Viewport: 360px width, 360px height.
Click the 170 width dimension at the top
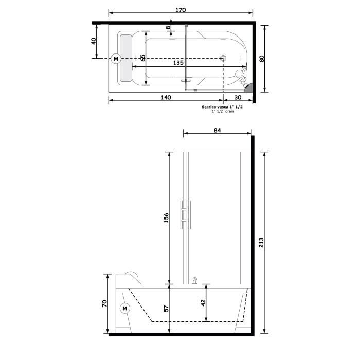click(x=180, y=10)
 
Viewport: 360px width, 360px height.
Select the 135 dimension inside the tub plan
click(x=177, y=63)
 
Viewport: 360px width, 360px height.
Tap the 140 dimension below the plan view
click(x=165, y=97)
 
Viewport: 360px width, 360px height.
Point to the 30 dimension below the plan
click(x=238, y=97)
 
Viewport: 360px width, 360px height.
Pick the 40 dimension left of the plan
click(x=94, y=41)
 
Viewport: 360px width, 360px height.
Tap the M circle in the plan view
click(x=116, y=59)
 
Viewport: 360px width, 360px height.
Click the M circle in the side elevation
click(x=124, y=309)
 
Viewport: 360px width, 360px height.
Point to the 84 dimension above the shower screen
click(x=217, y=131)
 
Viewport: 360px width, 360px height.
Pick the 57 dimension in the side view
click(x=165, y=309)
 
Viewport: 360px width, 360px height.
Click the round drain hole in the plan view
click(x=223, y=59)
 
